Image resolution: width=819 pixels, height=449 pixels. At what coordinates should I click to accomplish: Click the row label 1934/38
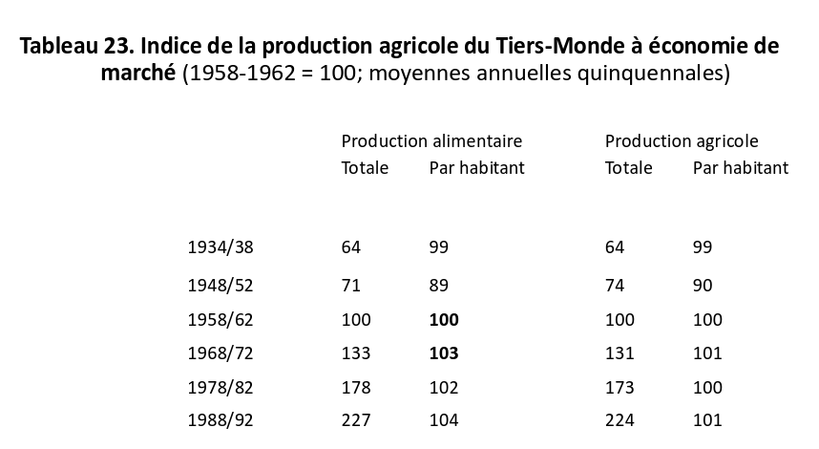click(x=220, y=247)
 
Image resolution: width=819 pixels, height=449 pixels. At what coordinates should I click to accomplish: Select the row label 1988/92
click(x=220, y=420)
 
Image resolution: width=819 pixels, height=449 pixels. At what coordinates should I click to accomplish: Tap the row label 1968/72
click(x=220, y=353)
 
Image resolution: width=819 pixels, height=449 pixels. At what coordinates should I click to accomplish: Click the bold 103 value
click(x=444, y=353)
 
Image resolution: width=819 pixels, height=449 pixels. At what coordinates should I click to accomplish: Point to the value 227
click(x=356, y=420)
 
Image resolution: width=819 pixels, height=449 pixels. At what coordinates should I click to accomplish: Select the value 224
click(x=620, y=420)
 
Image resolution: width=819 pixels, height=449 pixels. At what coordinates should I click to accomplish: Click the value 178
click(x=356, y=387)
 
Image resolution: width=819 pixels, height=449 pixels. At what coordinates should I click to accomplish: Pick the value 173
click(x=620, y=387)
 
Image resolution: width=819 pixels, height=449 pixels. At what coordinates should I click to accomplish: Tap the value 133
click(x=356, y=353)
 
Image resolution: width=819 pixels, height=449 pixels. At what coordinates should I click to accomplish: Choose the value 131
click(x=620, y=353)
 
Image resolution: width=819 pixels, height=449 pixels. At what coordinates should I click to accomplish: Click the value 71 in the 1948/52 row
click(x=351, y=286)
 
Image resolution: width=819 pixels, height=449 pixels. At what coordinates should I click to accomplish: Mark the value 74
click(x=615, y=286)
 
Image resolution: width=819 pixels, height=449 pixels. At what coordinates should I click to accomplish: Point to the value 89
click(x=439, y=286)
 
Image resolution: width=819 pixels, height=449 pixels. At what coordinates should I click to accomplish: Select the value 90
click(x=703, y=286)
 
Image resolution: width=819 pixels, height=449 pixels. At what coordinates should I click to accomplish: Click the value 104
click(x=444, y=420)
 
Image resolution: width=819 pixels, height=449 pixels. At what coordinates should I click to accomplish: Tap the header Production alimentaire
click(x=432, y=141)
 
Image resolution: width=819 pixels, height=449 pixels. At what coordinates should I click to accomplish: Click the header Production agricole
click(x=682, y=141)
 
